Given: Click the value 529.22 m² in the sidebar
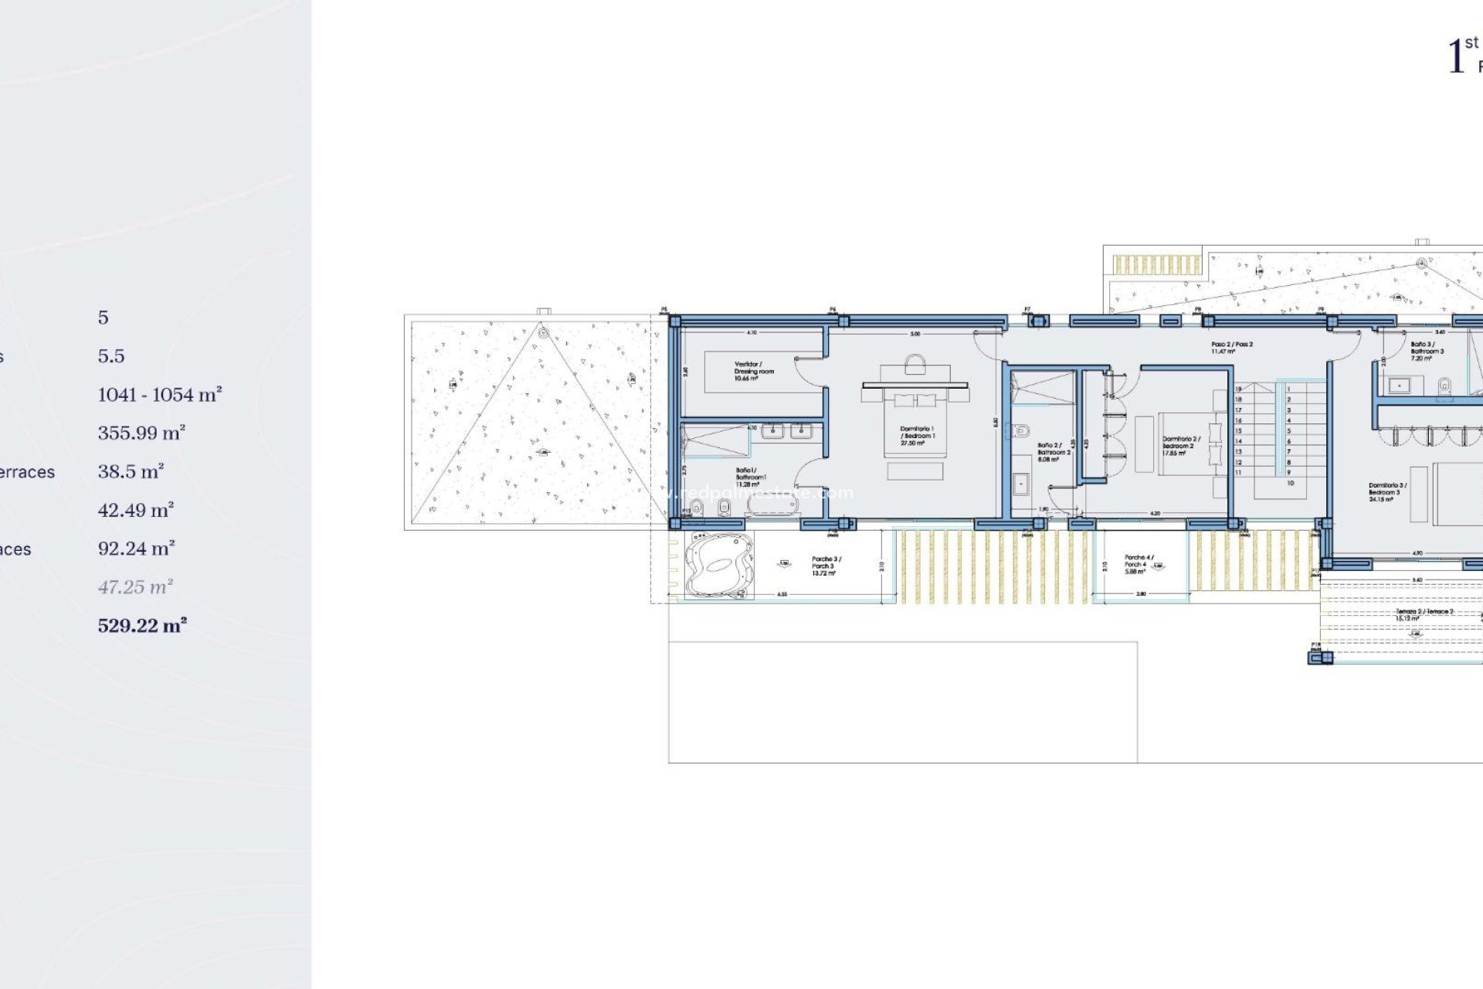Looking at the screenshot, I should (142, 626).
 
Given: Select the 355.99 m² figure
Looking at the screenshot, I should (141, 433).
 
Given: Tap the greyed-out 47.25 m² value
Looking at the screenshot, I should (135, 587).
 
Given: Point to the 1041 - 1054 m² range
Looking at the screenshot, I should (160, 395).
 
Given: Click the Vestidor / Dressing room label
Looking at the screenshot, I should (753, 371).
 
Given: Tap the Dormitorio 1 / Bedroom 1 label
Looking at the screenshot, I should (917, 436).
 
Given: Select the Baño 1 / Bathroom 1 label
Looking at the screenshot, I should (749, 477).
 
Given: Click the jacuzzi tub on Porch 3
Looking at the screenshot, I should (718, 566).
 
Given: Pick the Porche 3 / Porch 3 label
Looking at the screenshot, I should (826, 566).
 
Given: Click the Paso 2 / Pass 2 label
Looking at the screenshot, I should (1231, 348).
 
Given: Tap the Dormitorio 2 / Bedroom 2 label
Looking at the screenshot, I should (1180, 446).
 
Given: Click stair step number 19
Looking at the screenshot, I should (1238, 389).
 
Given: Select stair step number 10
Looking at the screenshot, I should (1290, 483).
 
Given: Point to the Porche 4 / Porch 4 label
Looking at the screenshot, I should (1138, 564).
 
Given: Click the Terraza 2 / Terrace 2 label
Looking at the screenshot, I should (1424, 615).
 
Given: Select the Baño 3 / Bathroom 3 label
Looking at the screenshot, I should (1426, 351).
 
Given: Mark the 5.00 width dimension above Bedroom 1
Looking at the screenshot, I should (915, 334).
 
